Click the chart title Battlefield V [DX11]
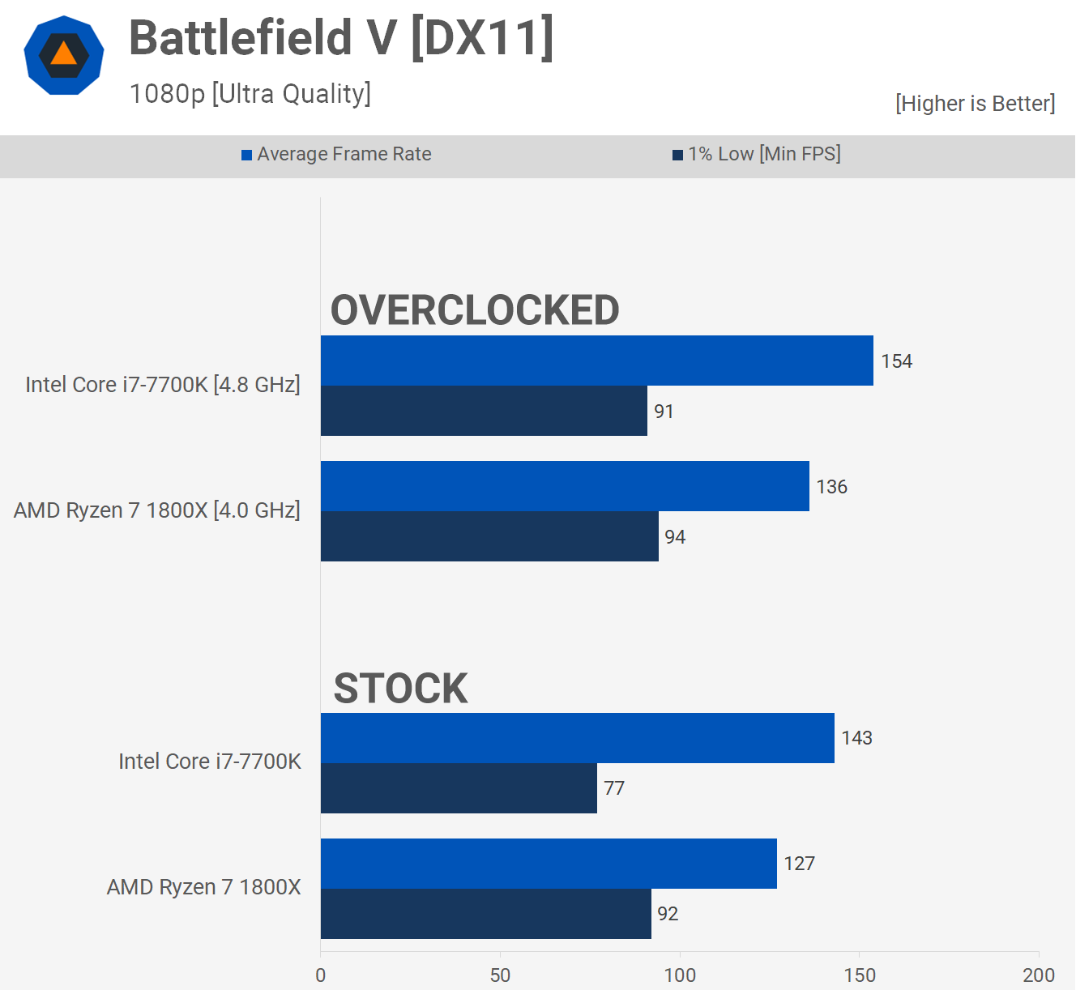point(341,38)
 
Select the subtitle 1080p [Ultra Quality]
point(250,94)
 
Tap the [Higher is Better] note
point(975,104)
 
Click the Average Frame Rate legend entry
point(336,154)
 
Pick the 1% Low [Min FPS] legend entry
point(757,154)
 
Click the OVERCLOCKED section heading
point(475,310)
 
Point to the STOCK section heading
point(400,689)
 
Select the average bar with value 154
point(596,361)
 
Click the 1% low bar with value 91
point(484,411)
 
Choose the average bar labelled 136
point(565,486)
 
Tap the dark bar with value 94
point(489,536)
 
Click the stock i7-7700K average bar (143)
point(577,738)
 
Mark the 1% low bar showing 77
point(459,788)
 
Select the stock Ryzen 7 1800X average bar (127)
point(549,864)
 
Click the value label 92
point(668,914)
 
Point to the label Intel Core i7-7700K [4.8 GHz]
point(162,385)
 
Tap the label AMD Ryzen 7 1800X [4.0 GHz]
point(156,510)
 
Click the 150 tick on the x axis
point(860,975)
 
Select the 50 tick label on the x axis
point(500,975)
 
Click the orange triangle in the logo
point(63,54)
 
